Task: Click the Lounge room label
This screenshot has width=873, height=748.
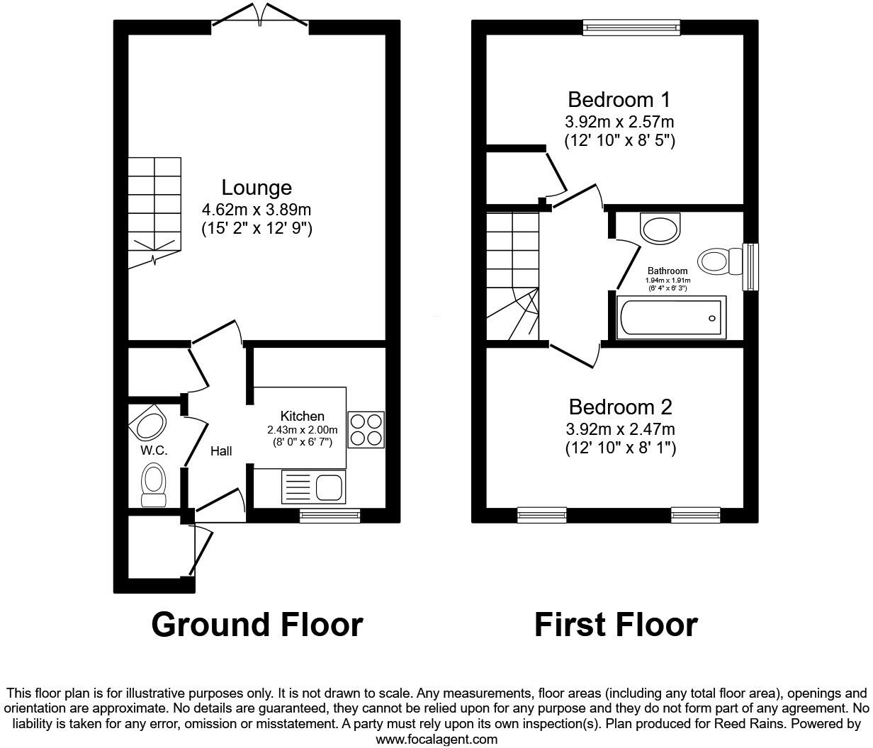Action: [x=257, y=188]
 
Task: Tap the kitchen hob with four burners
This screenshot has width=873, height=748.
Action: [x=366, y=429]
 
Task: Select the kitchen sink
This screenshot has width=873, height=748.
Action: [x=329, y=487]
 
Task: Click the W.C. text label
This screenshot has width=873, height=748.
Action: [x=154, y=450]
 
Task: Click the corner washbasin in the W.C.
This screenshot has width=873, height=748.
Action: [x=148, y=425]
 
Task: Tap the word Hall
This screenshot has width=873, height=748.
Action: [x=221, y=450]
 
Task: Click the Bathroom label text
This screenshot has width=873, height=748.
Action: [x=668, y=271]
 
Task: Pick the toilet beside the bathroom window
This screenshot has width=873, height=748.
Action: [x=716, y=261]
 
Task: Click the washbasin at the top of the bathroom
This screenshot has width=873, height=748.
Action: [x=660, y=227]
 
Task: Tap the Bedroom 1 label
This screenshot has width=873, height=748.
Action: [x=619, y=99]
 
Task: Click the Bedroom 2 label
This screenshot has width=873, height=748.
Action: [x=620, y=407]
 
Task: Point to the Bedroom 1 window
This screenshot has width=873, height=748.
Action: [x=631, y=27]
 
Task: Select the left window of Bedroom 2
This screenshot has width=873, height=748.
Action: [x=542, y=515]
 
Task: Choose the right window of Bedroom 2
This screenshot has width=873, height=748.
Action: [x=695, y=515]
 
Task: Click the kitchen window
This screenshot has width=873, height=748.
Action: [x=330, y=516]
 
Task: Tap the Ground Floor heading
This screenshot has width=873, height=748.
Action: [x=257, y=625]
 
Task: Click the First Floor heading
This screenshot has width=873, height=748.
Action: [x=615, y=625]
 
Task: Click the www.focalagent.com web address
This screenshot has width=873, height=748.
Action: [x=436, y=739]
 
